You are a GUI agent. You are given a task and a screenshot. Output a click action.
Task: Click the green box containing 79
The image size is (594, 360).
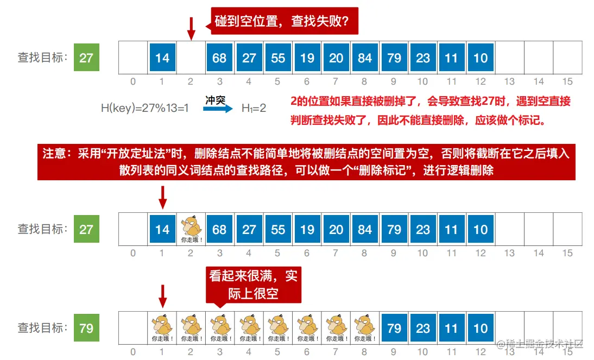(86, 328)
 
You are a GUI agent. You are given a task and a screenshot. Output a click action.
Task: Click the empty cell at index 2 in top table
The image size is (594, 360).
(191, 58)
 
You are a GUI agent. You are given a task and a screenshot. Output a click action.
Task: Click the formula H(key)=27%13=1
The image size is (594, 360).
(145, 108)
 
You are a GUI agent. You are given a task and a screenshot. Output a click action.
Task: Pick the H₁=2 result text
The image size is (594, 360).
(254, 108)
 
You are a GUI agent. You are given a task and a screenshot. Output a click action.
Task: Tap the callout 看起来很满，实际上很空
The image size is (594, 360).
(254, 285)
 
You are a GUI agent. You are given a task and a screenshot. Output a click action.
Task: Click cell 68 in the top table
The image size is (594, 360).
(219, 58)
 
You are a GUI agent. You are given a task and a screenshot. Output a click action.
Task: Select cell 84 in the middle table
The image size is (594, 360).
(365, 229)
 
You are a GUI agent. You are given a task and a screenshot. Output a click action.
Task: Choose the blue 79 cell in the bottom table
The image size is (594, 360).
(394, 328)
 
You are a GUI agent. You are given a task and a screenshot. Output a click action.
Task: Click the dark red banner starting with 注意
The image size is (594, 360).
(306, 162)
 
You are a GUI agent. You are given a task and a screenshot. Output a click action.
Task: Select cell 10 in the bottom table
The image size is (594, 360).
(481, 328)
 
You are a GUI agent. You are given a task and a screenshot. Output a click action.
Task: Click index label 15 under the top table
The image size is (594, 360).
(567, 81)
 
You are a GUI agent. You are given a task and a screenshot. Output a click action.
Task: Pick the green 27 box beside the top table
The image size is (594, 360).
(86, 58)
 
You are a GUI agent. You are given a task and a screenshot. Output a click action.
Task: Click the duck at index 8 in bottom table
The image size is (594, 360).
(365, 328)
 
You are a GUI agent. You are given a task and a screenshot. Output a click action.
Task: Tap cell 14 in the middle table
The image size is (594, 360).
(162, 229)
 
